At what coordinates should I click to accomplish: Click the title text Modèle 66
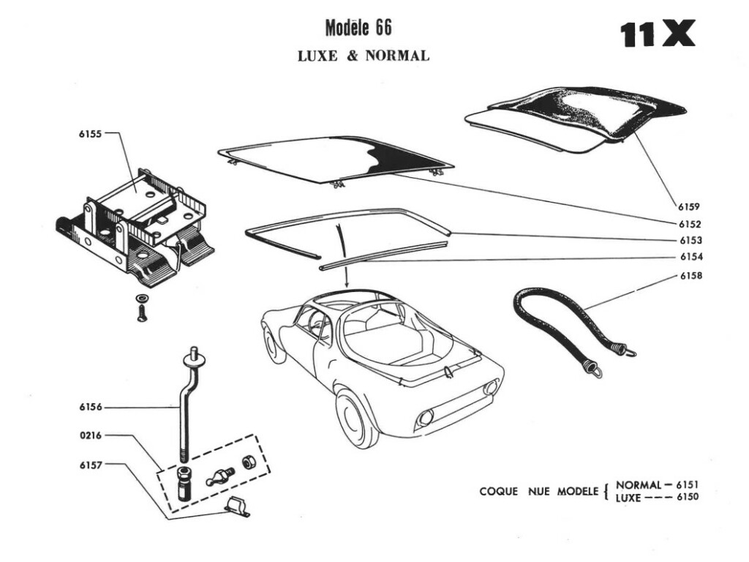click(x=358, y=28)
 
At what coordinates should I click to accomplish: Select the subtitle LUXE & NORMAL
click(x=363, y=56)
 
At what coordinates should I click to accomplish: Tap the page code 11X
click(x=658, y=34)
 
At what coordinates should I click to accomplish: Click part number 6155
click(x=91, y=134)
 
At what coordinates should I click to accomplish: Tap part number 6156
click(x=91, y=408)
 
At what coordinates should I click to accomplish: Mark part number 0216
click(x=91, y=435)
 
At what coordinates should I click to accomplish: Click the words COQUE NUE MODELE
click(x=538, y=491)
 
